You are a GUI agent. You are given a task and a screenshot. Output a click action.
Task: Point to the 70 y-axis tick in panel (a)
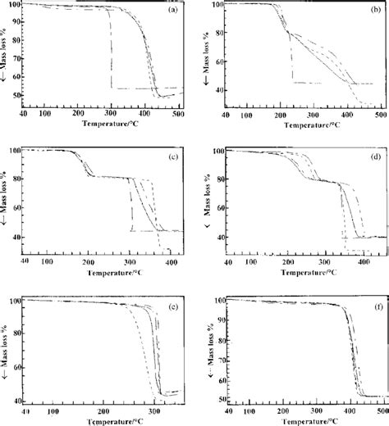pyautogui.click(x=22, y=63)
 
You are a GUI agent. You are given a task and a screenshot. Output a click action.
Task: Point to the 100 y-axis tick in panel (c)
pyautogui.click(x=20, y=151)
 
